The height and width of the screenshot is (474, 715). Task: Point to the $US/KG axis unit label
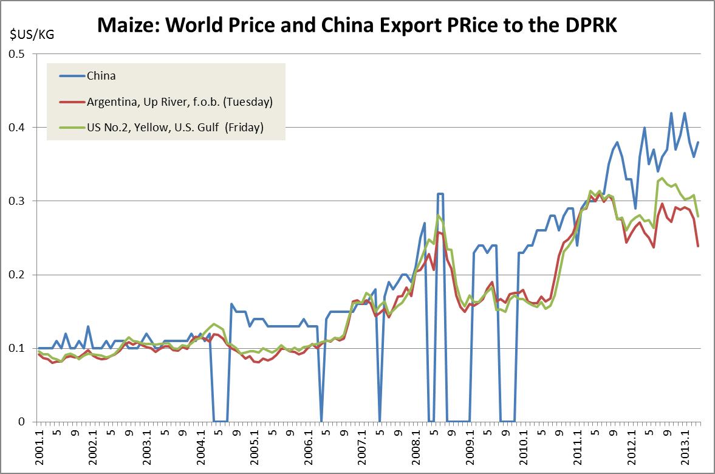pos(31,33)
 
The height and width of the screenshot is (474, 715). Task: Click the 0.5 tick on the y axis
pos(19,54)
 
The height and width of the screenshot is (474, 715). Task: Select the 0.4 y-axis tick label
pos(19,128)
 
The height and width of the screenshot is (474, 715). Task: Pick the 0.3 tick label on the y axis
pos(19,201)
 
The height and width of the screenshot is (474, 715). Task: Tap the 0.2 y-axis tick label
pos(19,275)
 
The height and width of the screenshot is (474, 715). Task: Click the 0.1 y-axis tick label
pos(19,348)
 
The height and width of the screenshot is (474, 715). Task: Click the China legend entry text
pos(101,76)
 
